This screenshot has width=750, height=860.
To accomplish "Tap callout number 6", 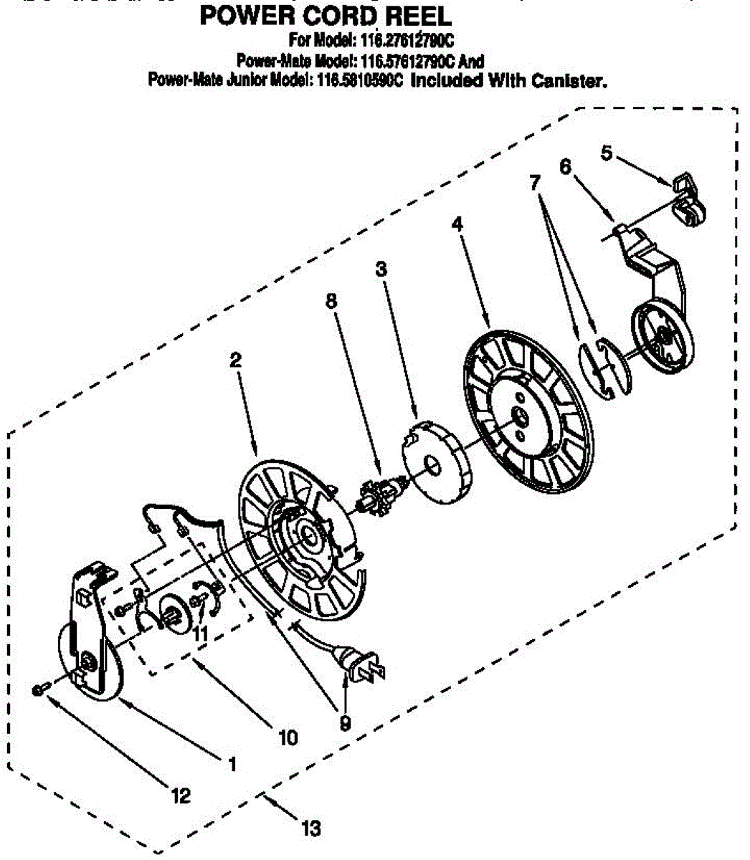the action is click(x=566, y=166).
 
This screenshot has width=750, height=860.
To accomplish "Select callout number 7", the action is click(x=535, y=182).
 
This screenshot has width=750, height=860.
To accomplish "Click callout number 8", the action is click(x=331, y=301).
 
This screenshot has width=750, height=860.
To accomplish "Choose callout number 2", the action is click(x=234, y=361).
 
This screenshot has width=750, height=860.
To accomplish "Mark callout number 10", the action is click(x=288, y=737).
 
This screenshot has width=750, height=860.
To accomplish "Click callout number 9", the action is click(x=345, y=724).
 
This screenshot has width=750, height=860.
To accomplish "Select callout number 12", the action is click(x=181, y=795).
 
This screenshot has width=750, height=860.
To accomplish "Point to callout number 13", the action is click(x=310, y=829).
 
